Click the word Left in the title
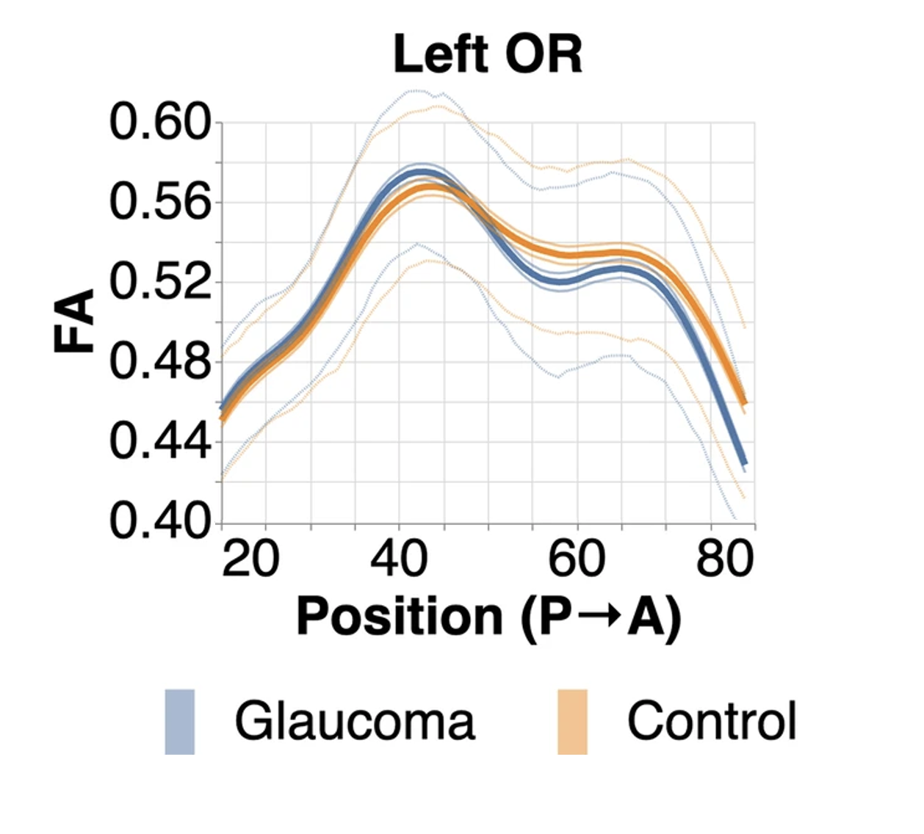tap(440, 54)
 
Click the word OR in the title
tap(544, 54)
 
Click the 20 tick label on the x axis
tap(250, 559)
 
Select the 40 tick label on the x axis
tap(399, 559)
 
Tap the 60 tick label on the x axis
tap(577, 559)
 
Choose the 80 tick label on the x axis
tap(725, 559)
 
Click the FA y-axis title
tap(76, 321)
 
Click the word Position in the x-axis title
tap(399, 616)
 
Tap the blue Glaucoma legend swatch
tap(180, 722)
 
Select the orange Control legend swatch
tap(572, 722)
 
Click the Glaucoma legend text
tap(355, 722)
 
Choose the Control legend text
tap(711, 722)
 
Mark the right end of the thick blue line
tap(744, 463)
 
